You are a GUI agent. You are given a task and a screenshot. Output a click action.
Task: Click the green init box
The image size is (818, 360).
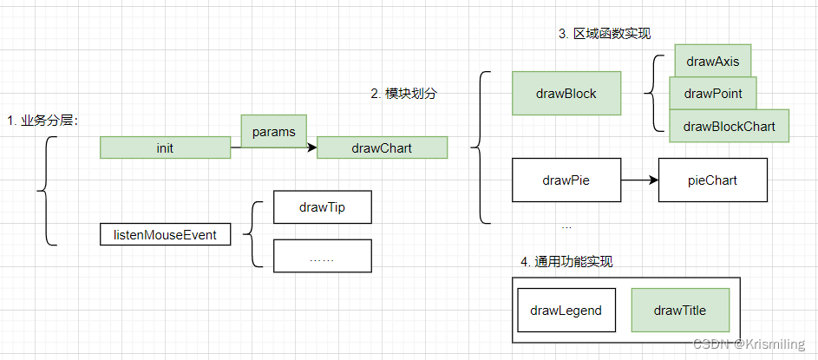point(165,148)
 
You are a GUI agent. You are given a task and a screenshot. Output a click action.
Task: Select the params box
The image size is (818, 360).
point(273,132)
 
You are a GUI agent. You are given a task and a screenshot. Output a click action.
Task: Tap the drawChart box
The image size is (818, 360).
point(382,148)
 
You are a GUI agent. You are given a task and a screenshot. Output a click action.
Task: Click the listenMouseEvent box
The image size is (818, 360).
point(165,233)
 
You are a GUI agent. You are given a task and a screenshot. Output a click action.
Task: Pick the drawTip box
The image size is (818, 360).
point(322,207)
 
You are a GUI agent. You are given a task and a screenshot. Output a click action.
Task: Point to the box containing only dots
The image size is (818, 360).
point(322,257)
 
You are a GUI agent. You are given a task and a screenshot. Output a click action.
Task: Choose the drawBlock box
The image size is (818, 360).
point(566,94)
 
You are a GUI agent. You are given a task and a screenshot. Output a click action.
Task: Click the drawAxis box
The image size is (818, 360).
point(712,61)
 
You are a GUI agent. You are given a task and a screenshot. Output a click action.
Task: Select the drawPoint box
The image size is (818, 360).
point(712,94)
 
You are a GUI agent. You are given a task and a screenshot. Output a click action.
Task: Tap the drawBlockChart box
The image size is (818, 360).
point(729,127)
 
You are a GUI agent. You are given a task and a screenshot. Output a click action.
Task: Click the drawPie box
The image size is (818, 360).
point(566,180)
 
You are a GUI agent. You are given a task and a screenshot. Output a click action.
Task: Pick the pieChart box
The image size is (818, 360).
point(712,180)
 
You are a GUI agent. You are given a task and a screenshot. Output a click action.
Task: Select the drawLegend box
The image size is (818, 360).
point(566,311)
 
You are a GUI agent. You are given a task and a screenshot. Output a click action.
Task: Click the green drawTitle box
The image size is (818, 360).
point(680,311)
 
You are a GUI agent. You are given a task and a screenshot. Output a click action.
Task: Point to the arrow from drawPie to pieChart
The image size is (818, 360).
point(638,180)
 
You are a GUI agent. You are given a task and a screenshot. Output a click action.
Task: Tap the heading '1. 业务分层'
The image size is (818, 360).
point(43,121)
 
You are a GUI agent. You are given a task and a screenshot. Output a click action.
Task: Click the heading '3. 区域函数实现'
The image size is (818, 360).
point(604,34)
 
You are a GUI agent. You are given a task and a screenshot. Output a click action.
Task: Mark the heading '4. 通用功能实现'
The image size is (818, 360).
point(566,262)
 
